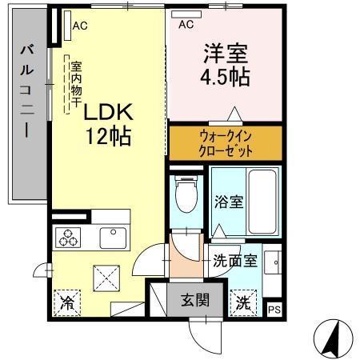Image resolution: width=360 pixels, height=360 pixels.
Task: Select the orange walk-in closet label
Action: click(225, 142)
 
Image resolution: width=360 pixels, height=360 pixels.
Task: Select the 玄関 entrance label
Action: click(194, 301)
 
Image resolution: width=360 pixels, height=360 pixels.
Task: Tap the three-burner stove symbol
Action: click(66, 236)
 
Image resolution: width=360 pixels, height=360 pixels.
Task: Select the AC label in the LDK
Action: click(79, 26)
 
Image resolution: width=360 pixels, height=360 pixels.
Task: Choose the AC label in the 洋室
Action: click(186, 25)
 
